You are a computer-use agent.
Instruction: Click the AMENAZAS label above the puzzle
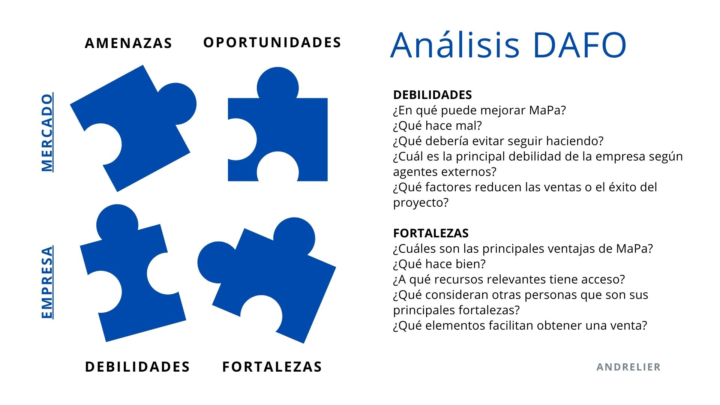click(128, 43)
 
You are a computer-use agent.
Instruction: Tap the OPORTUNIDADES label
click(272, 42)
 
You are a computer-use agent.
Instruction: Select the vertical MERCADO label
click(47, 132)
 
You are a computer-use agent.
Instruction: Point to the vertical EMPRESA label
click(47, 282)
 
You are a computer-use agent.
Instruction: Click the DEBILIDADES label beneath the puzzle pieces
click(138, 367)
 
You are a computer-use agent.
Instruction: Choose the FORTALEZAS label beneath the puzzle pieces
click(272, 367)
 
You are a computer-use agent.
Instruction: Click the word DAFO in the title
click(579, 45)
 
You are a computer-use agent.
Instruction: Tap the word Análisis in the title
click(455, 45)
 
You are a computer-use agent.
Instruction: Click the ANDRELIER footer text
click(628, 367)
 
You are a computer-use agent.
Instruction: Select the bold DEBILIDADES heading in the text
click(432, 95)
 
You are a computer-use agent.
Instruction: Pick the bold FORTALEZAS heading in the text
click(431, 233)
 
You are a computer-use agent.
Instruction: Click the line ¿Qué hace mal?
click(437, 126)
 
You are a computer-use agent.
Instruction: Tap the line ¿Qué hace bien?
click(439, 264)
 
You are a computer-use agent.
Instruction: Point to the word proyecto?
click(421, 203)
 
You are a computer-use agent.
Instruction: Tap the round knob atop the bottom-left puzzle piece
click(117, 223)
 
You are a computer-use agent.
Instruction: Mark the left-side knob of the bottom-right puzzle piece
click(216, 262)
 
